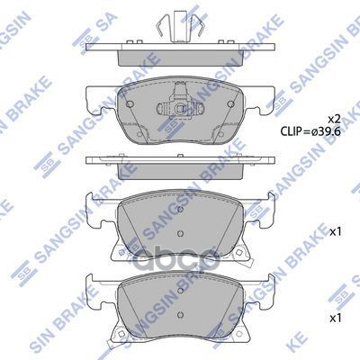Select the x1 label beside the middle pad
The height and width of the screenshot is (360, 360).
(336, 232)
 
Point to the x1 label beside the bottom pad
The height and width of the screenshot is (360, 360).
(336, 319)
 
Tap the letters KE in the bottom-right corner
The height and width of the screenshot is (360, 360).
(346, 348)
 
